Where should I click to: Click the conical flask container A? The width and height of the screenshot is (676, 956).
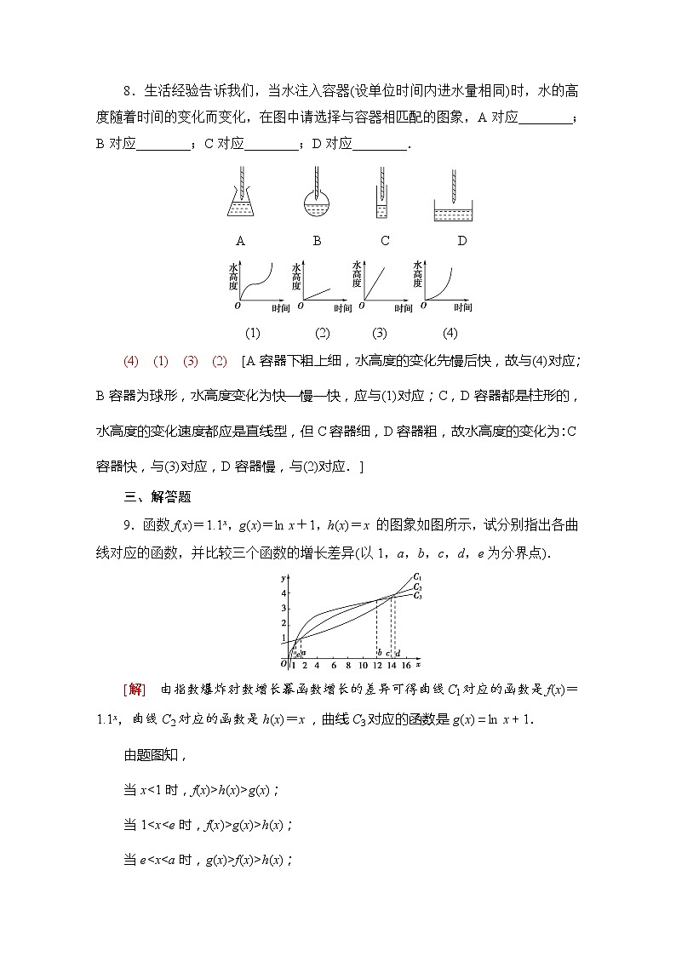242,204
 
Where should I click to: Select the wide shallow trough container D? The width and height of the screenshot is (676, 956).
459,211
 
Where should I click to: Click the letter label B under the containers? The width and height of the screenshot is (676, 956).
317,241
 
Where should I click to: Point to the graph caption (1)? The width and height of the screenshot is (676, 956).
253,333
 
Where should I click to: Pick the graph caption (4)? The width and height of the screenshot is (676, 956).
450,333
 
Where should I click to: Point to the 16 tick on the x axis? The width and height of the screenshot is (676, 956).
405,665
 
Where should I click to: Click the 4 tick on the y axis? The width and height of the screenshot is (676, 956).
284,592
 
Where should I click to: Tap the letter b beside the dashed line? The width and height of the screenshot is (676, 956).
379,653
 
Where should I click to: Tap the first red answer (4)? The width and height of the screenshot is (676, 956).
130,361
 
